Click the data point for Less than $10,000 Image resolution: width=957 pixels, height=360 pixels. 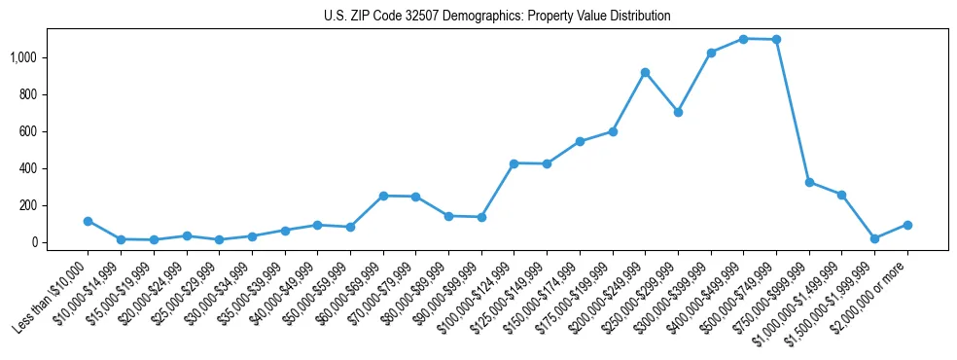coord(88,221)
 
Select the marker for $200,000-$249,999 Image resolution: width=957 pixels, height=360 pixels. coord(645,72)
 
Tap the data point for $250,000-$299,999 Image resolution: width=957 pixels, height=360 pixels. coord(678,112)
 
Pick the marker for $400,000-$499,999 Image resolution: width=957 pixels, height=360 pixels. coord(743,39)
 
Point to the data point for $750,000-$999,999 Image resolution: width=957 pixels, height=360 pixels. coord(809,182)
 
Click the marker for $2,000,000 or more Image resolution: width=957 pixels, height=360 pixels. coord(907,225)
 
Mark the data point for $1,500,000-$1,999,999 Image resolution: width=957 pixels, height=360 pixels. coord(874,238)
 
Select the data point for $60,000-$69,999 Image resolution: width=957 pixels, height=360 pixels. coord(383,196)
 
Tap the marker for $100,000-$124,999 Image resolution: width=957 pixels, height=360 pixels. coord(514,163)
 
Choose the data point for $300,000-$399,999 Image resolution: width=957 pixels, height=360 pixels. coord(711,53)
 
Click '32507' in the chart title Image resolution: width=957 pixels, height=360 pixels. coord(412,17)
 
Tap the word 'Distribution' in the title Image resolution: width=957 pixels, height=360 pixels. coord(638,17)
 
